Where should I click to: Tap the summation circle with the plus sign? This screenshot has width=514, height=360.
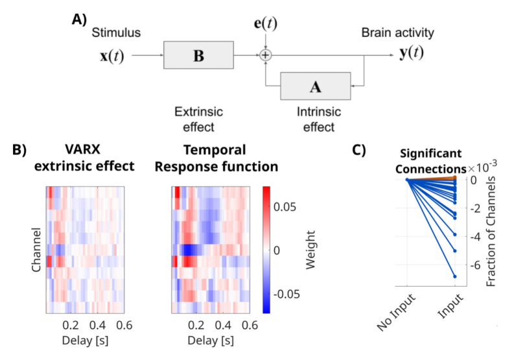(265, 56)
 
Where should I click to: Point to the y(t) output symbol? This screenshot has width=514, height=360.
(411, 53)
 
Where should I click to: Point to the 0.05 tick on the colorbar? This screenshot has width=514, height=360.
(286, 207)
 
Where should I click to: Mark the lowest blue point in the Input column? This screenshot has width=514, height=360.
(455, 277)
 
